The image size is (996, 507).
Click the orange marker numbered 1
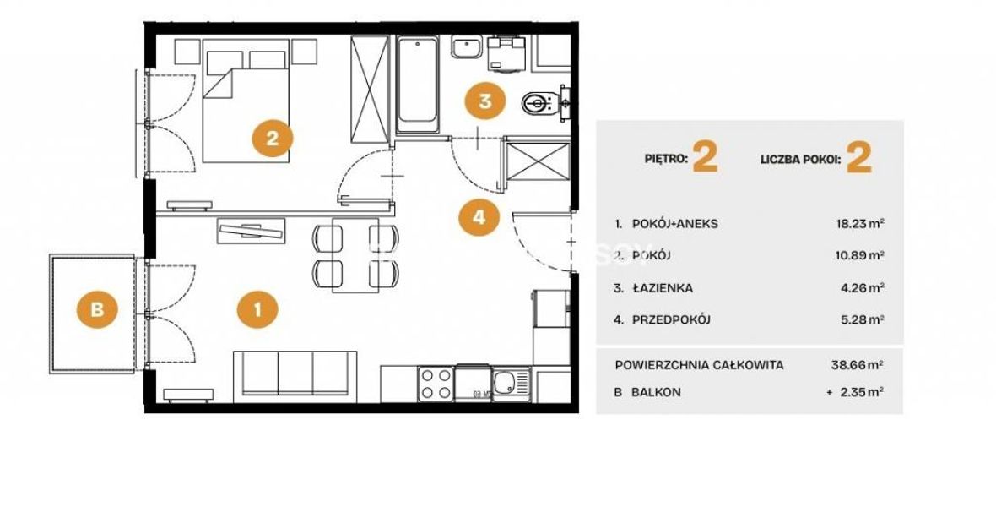tap(257, 310)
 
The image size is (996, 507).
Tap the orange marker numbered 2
tap(273, 138)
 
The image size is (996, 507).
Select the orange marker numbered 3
tap(485, 101)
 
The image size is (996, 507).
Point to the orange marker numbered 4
tap(479, 216)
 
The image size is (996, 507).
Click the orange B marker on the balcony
tap(96, 309)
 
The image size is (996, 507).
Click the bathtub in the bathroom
tap(417, 84)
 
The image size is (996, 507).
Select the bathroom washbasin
tap(468, 46)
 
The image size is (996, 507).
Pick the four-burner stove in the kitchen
tap(436, 384)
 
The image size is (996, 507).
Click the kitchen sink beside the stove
tap(512, 384)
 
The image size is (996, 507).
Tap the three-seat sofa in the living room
tap(295, 377)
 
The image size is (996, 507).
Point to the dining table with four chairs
tap(355, 255)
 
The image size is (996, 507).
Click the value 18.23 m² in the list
tap(861, 223)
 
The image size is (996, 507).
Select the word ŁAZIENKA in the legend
tap(663, 288)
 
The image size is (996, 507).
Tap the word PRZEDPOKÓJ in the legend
tap(671, 320)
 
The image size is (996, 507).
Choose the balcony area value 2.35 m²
tap(861, 392)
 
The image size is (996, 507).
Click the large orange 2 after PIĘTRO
tap(705, 157)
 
